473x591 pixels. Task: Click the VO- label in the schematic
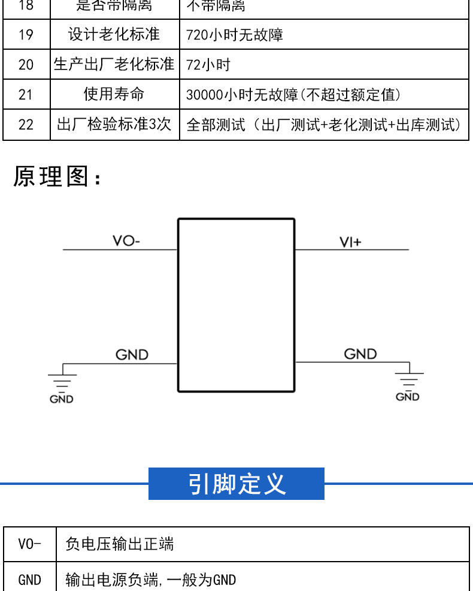126,242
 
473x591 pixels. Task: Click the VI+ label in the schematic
350,242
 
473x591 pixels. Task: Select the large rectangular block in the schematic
236,305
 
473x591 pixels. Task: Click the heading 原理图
57,177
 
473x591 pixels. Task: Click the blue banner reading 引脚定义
236,484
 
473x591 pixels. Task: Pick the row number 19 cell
26,35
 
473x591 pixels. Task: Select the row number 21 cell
26,95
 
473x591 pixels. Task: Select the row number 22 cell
26,125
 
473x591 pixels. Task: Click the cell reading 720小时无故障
235,35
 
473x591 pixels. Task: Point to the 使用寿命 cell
114,95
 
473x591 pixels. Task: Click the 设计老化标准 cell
114,35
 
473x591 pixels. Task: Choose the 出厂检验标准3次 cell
114,125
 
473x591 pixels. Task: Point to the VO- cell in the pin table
30,544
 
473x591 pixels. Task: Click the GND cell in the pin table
30,580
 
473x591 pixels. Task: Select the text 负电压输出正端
120,544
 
